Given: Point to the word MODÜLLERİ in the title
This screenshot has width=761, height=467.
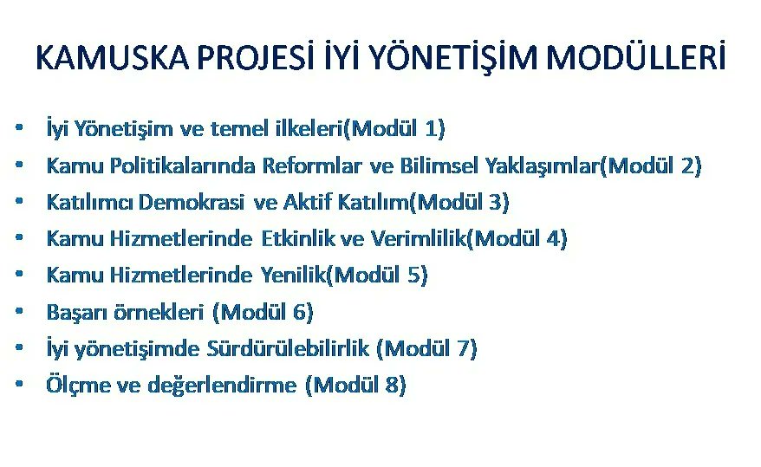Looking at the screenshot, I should (637, 58).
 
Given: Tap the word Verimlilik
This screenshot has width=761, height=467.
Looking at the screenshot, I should (418, 238).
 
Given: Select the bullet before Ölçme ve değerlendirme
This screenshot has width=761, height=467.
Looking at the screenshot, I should (18, 385).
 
